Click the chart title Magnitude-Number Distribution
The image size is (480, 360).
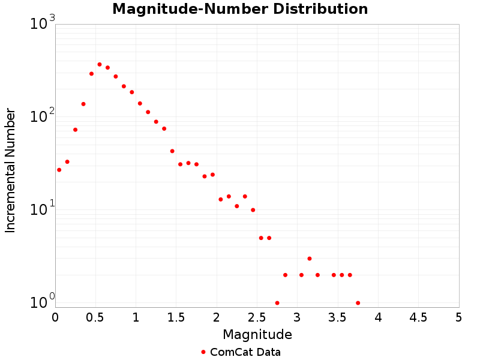240,10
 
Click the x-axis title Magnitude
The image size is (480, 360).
257,334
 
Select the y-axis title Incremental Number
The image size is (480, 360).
10,170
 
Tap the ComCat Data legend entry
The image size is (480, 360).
241,352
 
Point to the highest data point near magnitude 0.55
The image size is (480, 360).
100,64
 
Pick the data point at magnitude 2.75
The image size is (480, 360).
277,303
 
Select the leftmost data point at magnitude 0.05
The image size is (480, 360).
59,170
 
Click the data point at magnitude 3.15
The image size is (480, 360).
310,259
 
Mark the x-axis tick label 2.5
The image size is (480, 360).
257,317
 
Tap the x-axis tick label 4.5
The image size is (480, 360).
418,317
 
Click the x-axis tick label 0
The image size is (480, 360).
55,317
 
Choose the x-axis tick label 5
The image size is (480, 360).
459,317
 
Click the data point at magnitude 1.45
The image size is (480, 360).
172,151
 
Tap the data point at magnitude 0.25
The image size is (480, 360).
75,130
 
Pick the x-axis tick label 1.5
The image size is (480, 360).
176,317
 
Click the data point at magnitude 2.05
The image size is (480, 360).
221,199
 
